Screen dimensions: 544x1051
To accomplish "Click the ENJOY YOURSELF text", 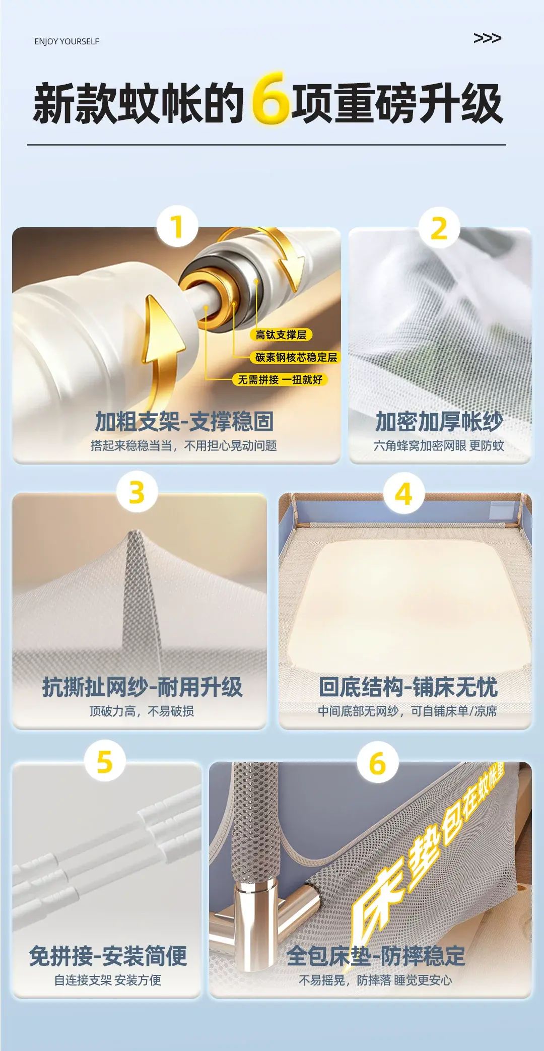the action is (x=66, y=41).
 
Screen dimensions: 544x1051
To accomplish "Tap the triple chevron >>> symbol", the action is (x=487, y=38).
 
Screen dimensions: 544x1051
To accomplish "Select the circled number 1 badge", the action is (x=176, y=226).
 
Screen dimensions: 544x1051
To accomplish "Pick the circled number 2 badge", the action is (x=439, y=228).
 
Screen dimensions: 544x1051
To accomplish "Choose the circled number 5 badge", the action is (x=104, y=761).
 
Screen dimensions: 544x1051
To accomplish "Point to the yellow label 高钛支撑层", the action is (x=281, y=335).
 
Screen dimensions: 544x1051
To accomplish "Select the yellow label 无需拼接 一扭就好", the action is (x=280, y=379).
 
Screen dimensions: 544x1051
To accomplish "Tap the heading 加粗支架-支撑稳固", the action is (x=184, y=421).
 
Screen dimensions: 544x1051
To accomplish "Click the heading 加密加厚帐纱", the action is (x=439, y=421).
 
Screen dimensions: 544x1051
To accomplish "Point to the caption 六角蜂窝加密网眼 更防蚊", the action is (x=439, y=445).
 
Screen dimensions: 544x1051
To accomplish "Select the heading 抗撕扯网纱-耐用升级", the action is (x=143, y=687).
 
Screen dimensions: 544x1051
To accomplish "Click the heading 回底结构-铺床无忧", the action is (x=408, y=687).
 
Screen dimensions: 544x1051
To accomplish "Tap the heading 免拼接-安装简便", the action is (x=108, y=956).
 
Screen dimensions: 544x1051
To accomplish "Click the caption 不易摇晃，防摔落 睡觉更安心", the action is (x=376, y=980).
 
